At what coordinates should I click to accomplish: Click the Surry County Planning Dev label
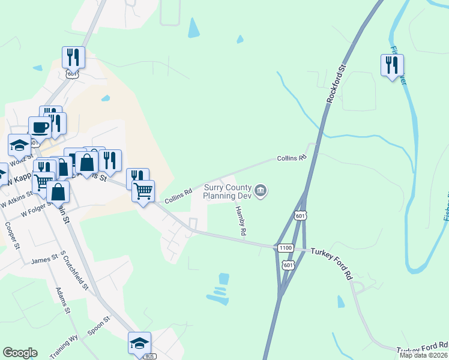[x=227, y=191]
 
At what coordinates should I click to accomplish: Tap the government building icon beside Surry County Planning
[x=261, y=191]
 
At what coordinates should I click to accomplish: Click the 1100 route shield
[x=285, y=248]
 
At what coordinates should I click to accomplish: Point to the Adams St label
[x=63, y=300]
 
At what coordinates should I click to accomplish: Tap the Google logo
[x=20, y=353]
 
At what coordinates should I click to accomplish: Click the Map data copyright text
[x=424, y=355]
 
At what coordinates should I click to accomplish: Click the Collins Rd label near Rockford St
[x=292, y=158]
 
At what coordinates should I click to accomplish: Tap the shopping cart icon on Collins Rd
[x=143, y=191]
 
